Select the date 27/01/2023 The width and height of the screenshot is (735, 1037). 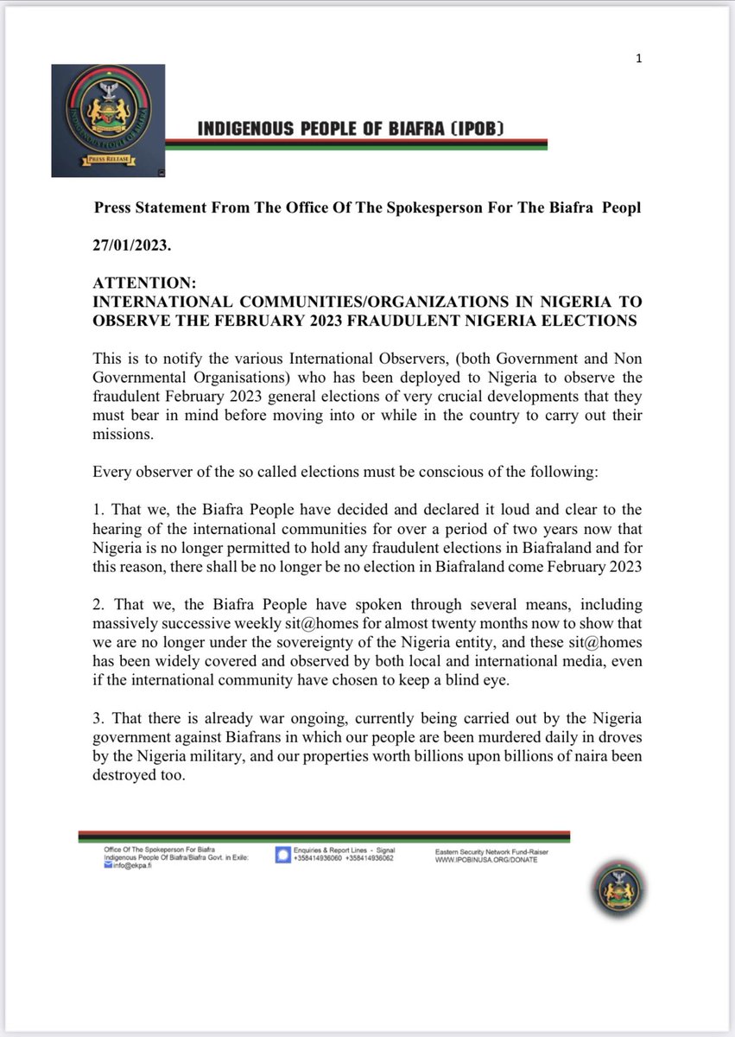pos(132,245)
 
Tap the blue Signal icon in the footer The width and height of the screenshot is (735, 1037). pos(282,855)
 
